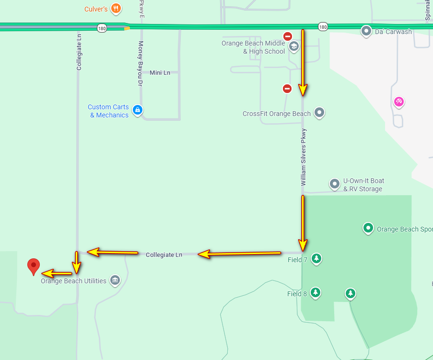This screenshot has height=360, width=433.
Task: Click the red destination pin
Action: tap(33, 266)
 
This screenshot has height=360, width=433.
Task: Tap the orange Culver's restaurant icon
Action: tap(115, 9)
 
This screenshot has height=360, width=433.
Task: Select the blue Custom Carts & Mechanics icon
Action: tap(138, 111)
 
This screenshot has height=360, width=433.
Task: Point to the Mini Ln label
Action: tap(160, 73)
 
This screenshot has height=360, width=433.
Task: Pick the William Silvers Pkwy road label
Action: tap(304, 157)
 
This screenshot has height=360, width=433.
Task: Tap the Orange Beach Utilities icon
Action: tap(115, 280)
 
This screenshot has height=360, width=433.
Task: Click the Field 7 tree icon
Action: tap(316, 259)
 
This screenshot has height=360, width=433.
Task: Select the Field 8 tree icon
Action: tap(315, 293)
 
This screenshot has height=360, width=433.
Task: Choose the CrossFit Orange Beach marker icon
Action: tap(319, 113)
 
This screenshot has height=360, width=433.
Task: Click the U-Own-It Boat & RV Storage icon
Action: tap(335, 184)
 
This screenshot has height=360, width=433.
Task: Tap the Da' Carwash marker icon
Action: tap(366, 31)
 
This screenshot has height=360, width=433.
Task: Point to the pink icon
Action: tap(398, 102)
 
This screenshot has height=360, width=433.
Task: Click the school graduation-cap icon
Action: tap(293, 46)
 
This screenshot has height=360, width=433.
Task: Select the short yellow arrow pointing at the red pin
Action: tap(57, 274)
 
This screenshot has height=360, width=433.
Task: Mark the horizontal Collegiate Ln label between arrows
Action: tap(164, 255)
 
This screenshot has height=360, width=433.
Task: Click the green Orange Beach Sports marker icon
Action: tap(368, 228)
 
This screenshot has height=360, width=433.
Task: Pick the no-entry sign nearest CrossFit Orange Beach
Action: tap(287, 88)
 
